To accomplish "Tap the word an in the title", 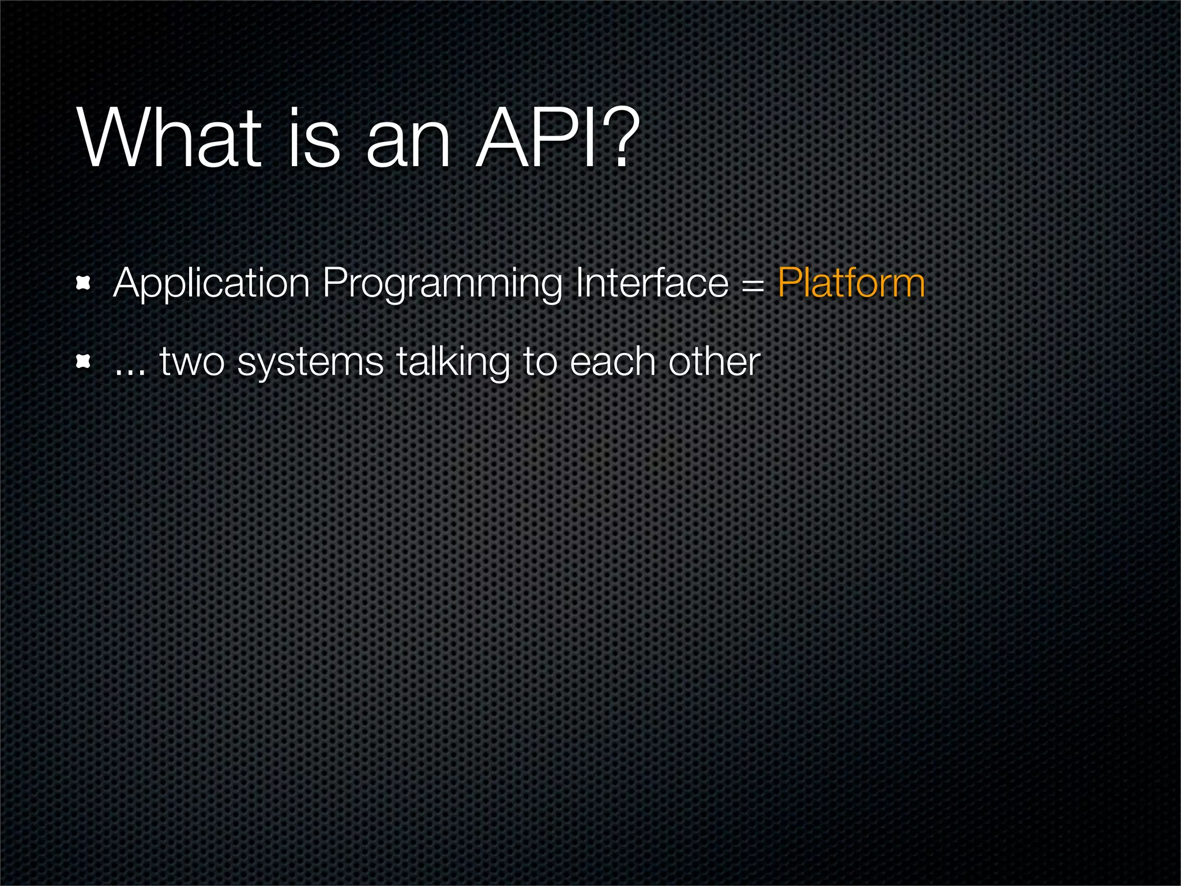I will pyautogui.click(x=408, y=144).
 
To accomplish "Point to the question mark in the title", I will pyautogui.click(x=620, y=138).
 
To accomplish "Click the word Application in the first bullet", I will pyautogui.click(x=212, y=284).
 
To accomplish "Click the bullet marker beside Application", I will pyautogui.click(x=84, y=283).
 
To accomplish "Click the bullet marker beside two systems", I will pyautogui.click(x=84, y=362).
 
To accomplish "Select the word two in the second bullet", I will pyautogui.click(x=192, y=363).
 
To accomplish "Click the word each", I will pyautogui.click(x=613, y=362).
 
